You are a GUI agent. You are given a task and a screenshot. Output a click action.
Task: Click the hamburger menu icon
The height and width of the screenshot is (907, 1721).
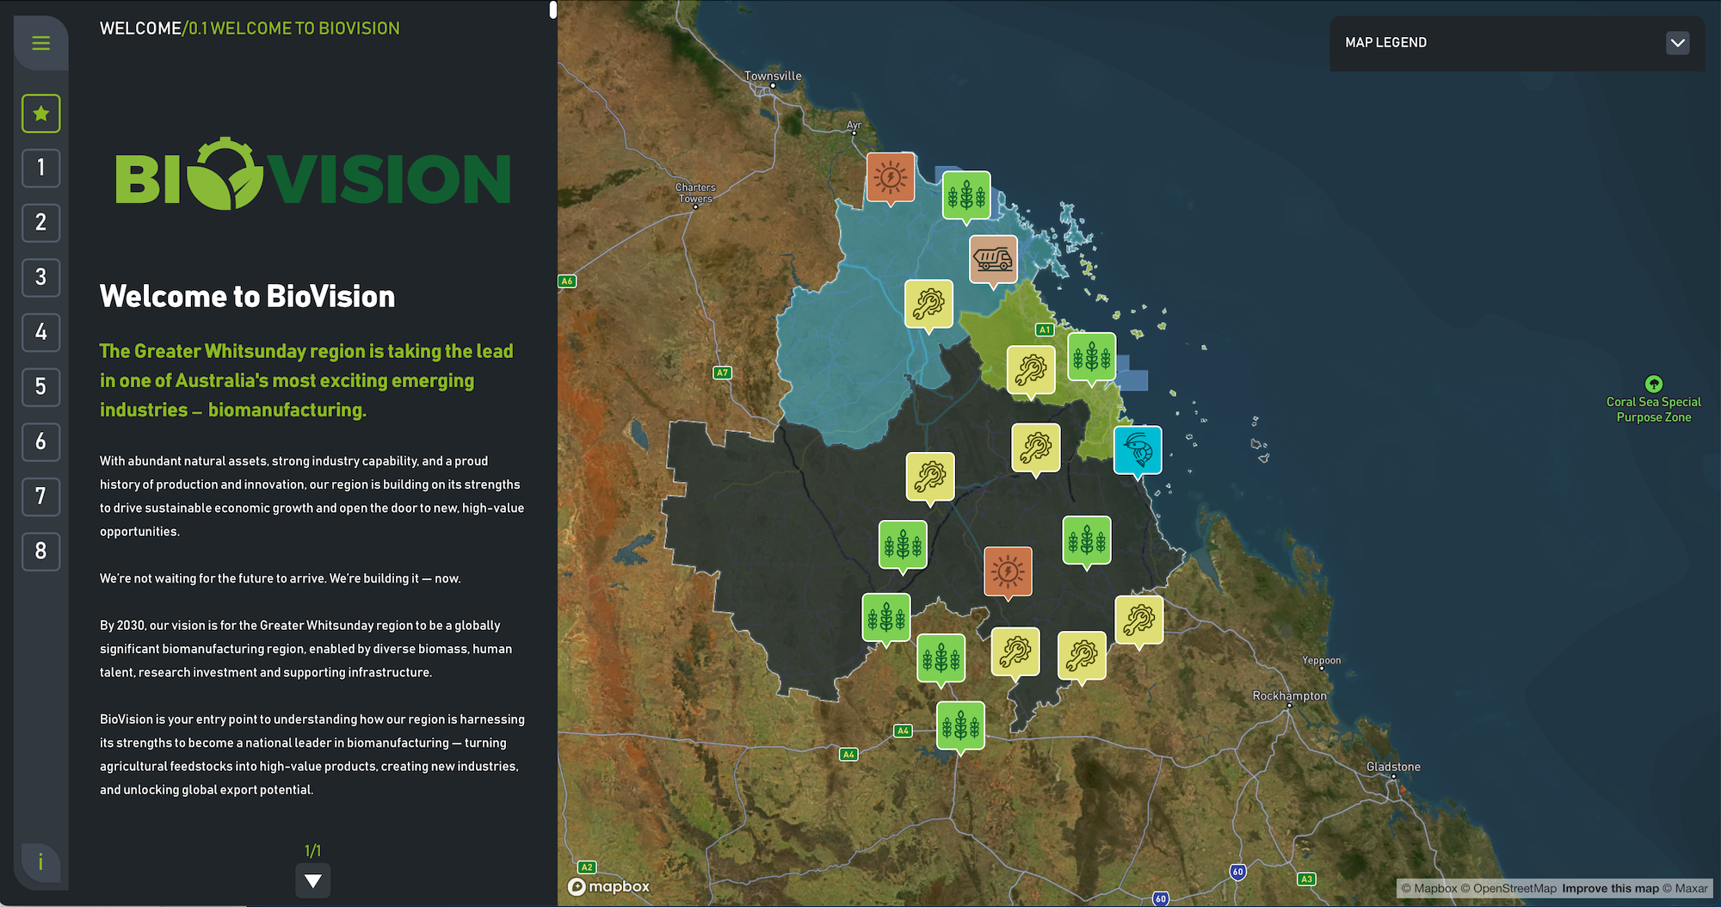coord(40,43)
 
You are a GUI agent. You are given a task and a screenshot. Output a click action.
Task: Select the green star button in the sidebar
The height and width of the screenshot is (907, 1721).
coord(40,114)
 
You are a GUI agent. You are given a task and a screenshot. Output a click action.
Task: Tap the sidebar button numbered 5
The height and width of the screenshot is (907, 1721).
coord(40,386)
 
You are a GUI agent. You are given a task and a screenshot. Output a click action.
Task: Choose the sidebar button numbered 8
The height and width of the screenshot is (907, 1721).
coord(40,551)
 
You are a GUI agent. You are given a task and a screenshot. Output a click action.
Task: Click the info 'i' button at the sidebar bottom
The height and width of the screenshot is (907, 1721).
coord(40,861)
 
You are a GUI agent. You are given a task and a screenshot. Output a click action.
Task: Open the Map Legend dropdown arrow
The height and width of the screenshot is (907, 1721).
coord(1677,42)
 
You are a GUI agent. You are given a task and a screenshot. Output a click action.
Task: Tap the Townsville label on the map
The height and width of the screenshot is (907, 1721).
coord(773,76)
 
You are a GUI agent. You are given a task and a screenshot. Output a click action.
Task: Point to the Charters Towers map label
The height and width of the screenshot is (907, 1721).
coord(695,193)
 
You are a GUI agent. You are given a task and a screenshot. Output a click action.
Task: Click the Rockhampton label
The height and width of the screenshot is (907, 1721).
coord(1289,695)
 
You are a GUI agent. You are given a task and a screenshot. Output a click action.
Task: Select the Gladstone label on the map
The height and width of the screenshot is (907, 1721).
coord(1393,767)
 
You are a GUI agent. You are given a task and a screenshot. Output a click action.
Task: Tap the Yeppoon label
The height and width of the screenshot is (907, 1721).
coord(1321,660)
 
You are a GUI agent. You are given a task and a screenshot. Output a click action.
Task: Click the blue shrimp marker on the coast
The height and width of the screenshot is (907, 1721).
coord(1138,449)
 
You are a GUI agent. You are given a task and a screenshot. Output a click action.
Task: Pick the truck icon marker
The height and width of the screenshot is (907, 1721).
coord(993,258)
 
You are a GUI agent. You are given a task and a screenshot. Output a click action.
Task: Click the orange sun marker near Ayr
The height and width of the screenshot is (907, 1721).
coord(891,177)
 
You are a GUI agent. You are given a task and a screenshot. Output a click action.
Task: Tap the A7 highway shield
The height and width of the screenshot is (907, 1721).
coord(722,373)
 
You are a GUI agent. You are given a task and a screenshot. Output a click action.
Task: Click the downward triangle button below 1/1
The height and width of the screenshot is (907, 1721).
coord(312,880)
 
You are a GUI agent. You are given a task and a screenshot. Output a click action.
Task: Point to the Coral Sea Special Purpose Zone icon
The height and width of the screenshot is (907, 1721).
coord(1653,384)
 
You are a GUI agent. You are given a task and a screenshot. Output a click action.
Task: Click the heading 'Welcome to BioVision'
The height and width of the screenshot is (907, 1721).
coord(247,297)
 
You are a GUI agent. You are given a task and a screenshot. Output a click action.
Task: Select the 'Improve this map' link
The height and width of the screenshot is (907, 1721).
coord(1610,888)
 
